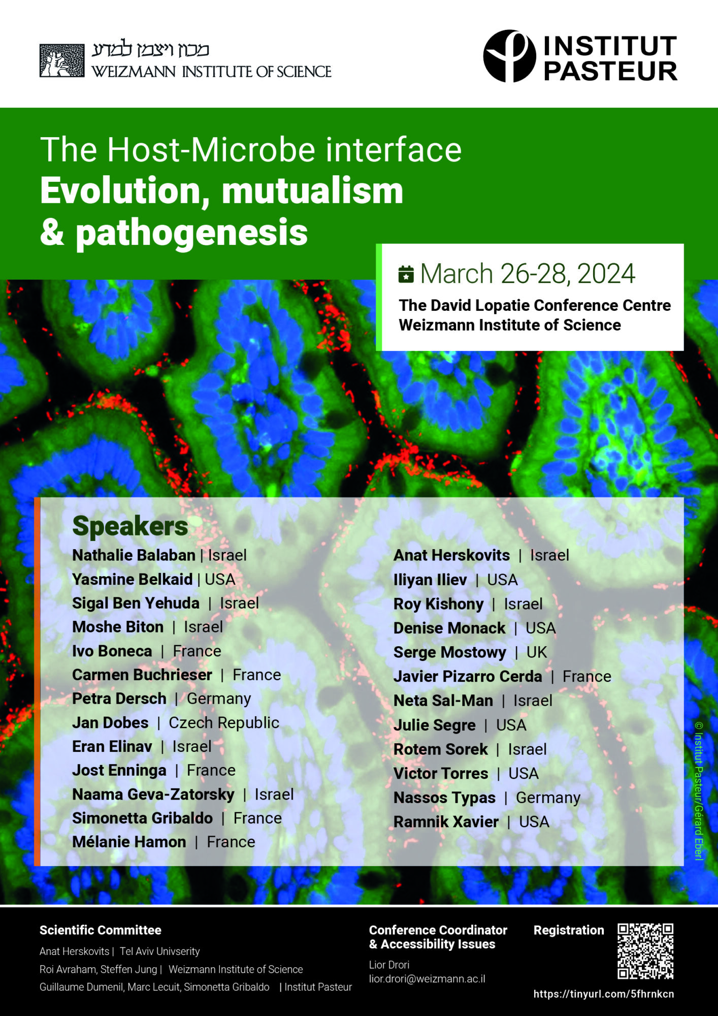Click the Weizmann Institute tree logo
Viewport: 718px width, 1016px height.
(62, 60)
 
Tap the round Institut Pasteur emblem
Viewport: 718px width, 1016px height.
(509, 56)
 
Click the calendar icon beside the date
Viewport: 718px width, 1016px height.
(406, 274)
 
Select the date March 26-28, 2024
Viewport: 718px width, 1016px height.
(528, 274)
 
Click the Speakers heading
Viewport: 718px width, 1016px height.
(130, 526)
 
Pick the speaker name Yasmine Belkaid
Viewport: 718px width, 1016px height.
(132, 579)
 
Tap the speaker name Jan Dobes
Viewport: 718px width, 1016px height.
(110, 722)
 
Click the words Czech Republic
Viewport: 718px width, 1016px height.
(224, 722)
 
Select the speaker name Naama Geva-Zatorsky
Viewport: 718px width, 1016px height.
(153, 795)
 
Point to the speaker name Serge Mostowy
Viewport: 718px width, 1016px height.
(450, 652)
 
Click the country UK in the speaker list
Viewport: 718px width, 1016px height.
(537, 652)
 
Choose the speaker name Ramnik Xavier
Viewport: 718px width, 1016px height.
(446, 822)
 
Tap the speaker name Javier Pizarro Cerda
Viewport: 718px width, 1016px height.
(468, 677)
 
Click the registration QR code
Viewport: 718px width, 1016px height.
(645, 951)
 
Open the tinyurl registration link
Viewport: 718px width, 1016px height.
(604, 994)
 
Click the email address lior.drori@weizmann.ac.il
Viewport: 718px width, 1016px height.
(427, 979)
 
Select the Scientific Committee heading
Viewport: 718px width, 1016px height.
(101, 930)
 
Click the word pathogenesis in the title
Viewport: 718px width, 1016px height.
(192, 233)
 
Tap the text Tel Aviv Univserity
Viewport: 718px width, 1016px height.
(160, 951)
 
